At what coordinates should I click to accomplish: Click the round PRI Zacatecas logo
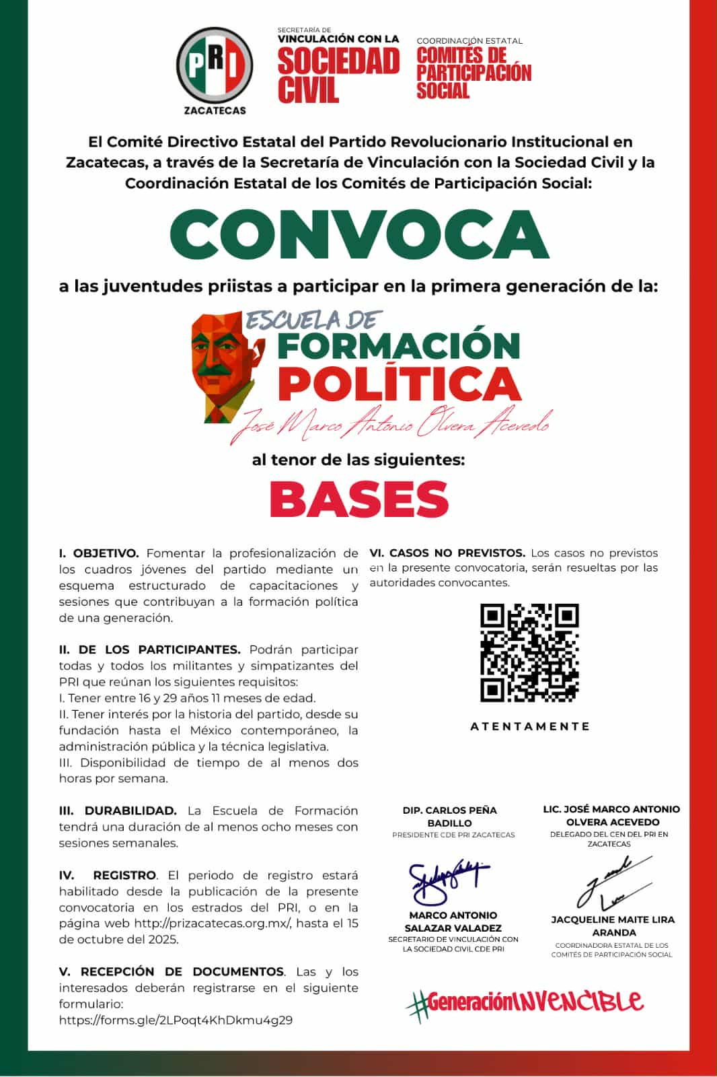214,66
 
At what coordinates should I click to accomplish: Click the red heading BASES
359,499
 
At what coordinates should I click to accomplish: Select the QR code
529,652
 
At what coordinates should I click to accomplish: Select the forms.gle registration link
176,1020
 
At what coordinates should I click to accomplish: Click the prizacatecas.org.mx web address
213,924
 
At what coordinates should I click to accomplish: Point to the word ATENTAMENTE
529,726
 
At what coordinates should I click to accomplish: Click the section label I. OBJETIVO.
99,553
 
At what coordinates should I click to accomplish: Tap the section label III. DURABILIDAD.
118,810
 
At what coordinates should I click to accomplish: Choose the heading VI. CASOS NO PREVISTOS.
447,553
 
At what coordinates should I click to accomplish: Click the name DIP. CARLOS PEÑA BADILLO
450,817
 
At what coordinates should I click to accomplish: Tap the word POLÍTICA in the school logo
400,384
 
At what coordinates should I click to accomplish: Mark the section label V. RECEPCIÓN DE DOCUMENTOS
172,971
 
